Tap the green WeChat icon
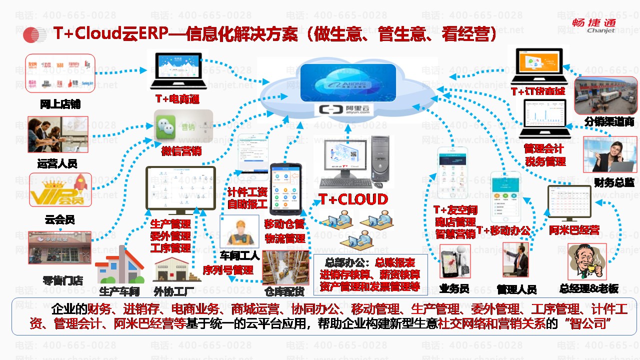click(169, 125)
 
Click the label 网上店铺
click(60, 104)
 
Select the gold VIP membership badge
click(60, 190)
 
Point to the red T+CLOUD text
click(353, 199)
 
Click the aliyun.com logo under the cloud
click(344, 109)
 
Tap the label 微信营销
click(180, 151)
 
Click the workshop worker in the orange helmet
click(239, 231)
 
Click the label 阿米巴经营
click(574, 230)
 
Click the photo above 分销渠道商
click(605, 95)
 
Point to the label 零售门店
click(63, 280)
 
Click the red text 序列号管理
click(228, 270)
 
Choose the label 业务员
click(453, 289)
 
